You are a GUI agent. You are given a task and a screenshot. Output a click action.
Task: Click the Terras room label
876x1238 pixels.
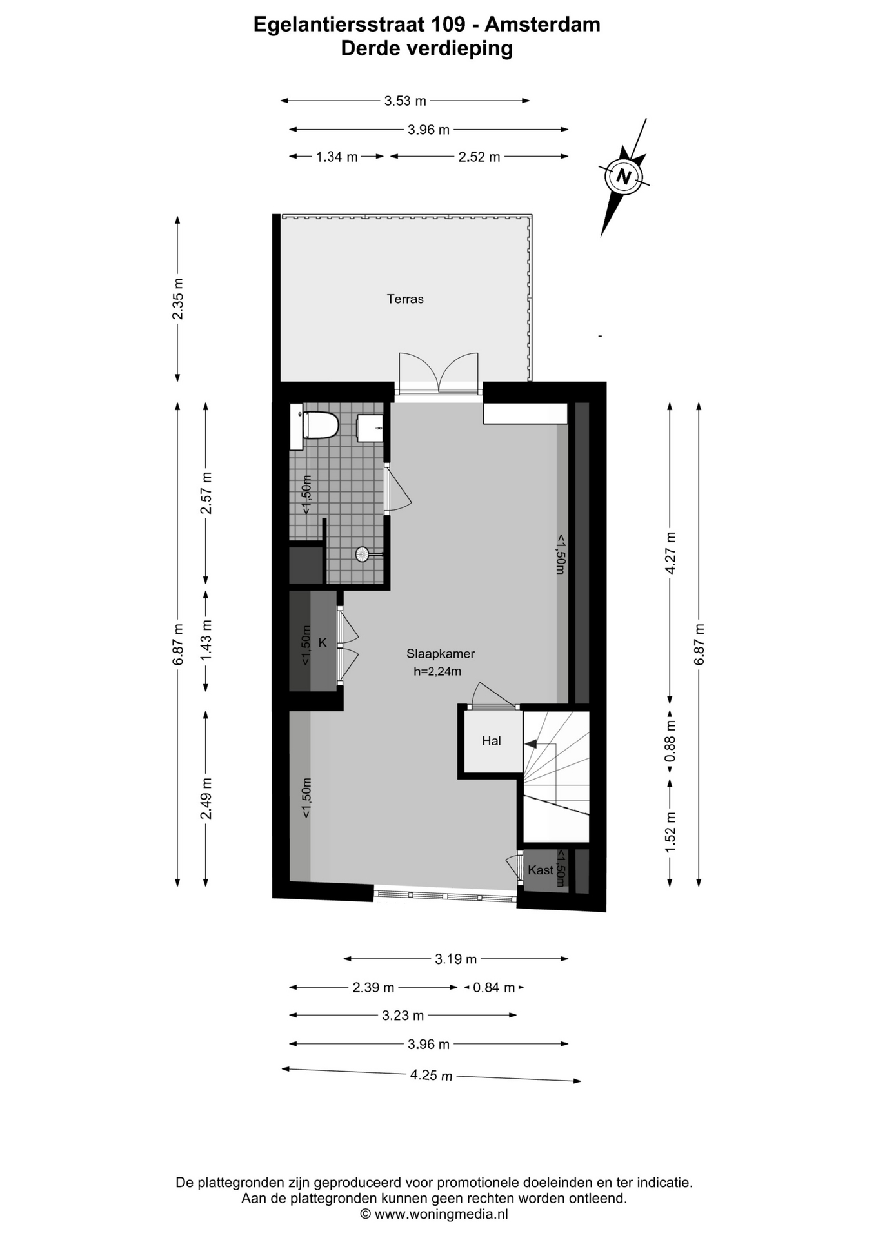(x=405, y=299)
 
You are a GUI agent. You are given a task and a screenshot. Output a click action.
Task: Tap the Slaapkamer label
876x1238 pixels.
(x=441, y=653)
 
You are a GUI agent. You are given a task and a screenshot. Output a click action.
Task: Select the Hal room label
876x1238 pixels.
(x=492, y=741)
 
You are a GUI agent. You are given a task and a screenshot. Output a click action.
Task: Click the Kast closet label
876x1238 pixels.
(x=541, y=870)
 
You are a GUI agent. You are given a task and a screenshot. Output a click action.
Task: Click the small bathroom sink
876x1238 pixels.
(x=370, y=428)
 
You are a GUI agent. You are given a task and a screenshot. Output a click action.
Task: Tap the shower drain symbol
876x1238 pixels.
(x=362, y=553)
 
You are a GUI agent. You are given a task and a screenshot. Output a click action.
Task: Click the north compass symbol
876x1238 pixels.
(x=623, y=176)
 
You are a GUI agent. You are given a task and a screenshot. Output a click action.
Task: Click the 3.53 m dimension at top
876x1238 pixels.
(x=405, y=101)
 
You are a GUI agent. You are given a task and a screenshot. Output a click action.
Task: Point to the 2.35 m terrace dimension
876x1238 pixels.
(x=178, y=299)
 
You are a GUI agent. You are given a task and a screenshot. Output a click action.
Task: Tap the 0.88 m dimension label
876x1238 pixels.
(x=670, y=748)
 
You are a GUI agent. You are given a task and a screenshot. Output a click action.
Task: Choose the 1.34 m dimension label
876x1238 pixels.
(x=337, y=157)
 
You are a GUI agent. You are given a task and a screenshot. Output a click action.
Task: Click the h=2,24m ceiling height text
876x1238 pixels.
(x=437, y=671)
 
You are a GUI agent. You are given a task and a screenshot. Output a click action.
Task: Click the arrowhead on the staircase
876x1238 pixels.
(x=531, y=744)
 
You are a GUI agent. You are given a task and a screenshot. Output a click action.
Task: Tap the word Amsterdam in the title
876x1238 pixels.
(x=543, y=25)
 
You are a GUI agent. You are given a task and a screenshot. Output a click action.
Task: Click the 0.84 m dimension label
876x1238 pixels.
(x=494, y=987)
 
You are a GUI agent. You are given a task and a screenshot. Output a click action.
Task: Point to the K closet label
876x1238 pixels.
(x=323, y=643)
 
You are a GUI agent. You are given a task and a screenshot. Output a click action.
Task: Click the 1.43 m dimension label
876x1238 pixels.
(x=206, y=640)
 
